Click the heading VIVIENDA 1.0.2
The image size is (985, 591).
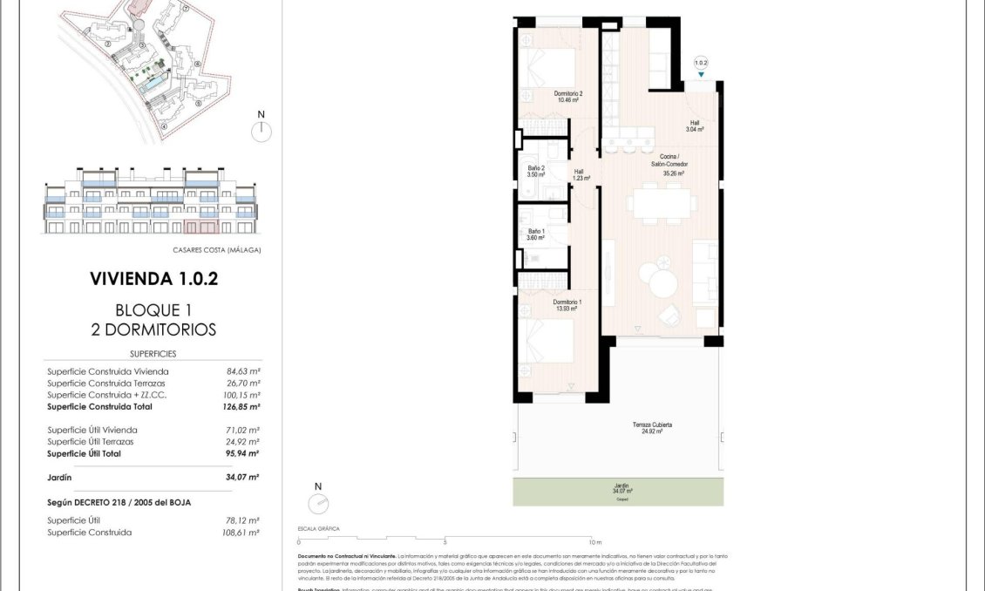153,279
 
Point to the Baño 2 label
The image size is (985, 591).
536,171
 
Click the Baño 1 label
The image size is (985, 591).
535,234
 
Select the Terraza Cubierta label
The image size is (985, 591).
652,427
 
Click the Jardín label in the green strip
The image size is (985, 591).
622,489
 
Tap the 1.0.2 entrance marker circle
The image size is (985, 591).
701,63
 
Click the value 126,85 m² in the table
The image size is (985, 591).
242,406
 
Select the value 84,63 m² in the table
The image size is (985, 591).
243,371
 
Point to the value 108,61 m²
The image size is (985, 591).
242,532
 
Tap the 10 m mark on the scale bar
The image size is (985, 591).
593,541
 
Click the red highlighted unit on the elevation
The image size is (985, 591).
201,228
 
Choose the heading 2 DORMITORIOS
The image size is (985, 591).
153,329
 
